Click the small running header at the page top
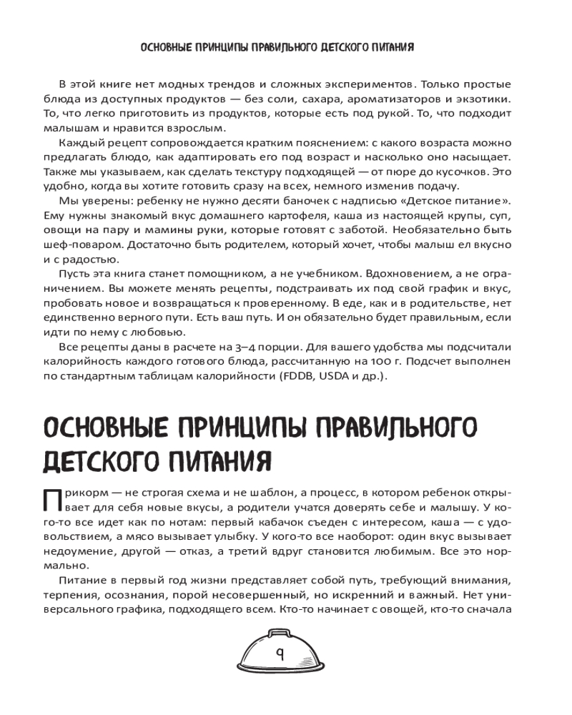(x=279, y=49)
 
